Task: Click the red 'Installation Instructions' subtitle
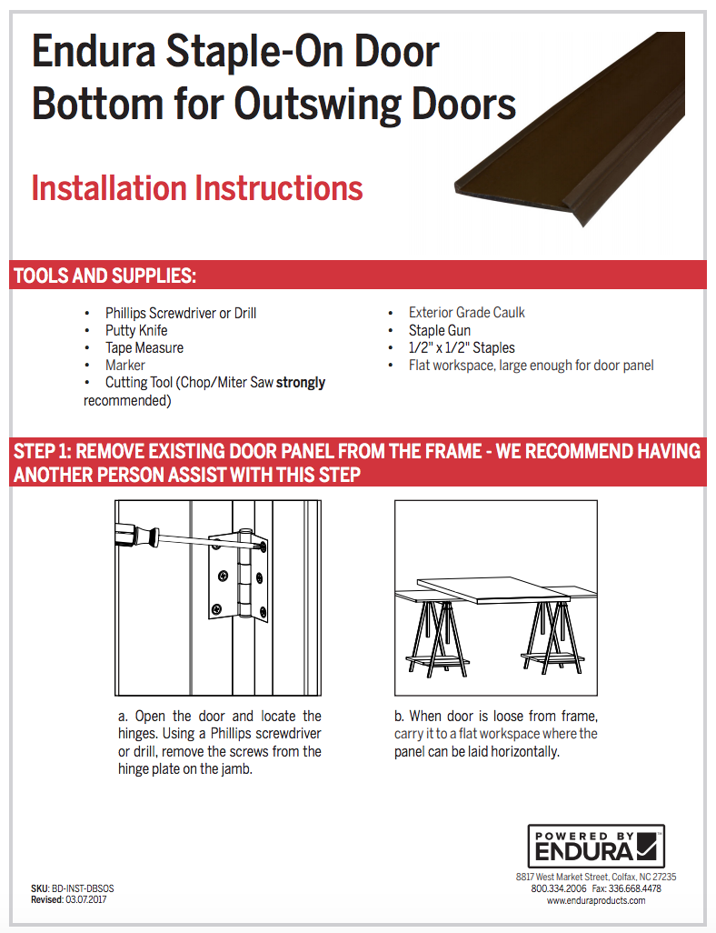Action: point(196,188)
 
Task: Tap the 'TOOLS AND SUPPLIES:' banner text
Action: point(105,276)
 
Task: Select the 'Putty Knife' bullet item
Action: point(135,330)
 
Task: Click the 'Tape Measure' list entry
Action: point(144,347)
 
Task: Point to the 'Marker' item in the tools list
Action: point(124,365)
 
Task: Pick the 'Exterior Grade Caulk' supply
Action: point(466,312)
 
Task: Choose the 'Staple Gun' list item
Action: point(439,330)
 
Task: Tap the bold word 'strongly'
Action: point(301,383)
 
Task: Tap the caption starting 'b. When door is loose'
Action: point(495,734)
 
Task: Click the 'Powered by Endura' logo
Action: point(596,847)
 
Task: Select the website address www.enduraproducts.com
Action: point(596,900)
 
